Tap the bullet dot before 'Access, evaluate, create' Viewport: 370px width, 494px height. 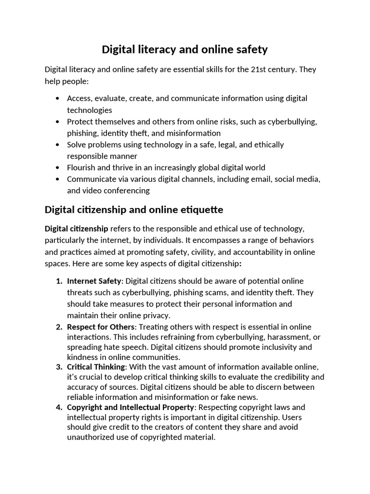pyautogui.click(x=58, y=98)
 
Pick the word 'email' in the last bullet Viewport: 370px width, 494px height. pyautogui.click(x=257, y=179)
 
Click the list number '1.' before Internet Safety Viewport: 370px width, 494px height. pyautogui.click(x=59, y=281)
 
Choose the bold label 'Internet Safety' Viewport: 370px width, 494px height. pyautogui.click(x=94, y=281)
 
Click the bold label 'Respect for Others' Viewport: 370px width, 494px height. pyautogui.click(x=100, y=327)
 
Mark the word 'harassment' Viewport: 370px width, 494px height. pyautogui.click(x=284, y=337)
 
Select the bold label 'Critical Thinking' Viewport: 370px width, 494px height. pyautogui.click(x=96, y=367)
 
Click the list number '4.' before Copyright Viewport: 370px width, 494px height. pyautogui.click(x=59, y=407)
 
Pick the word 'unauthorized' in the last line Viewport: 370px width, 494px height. pyautogui.click(x=91, y=437)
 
